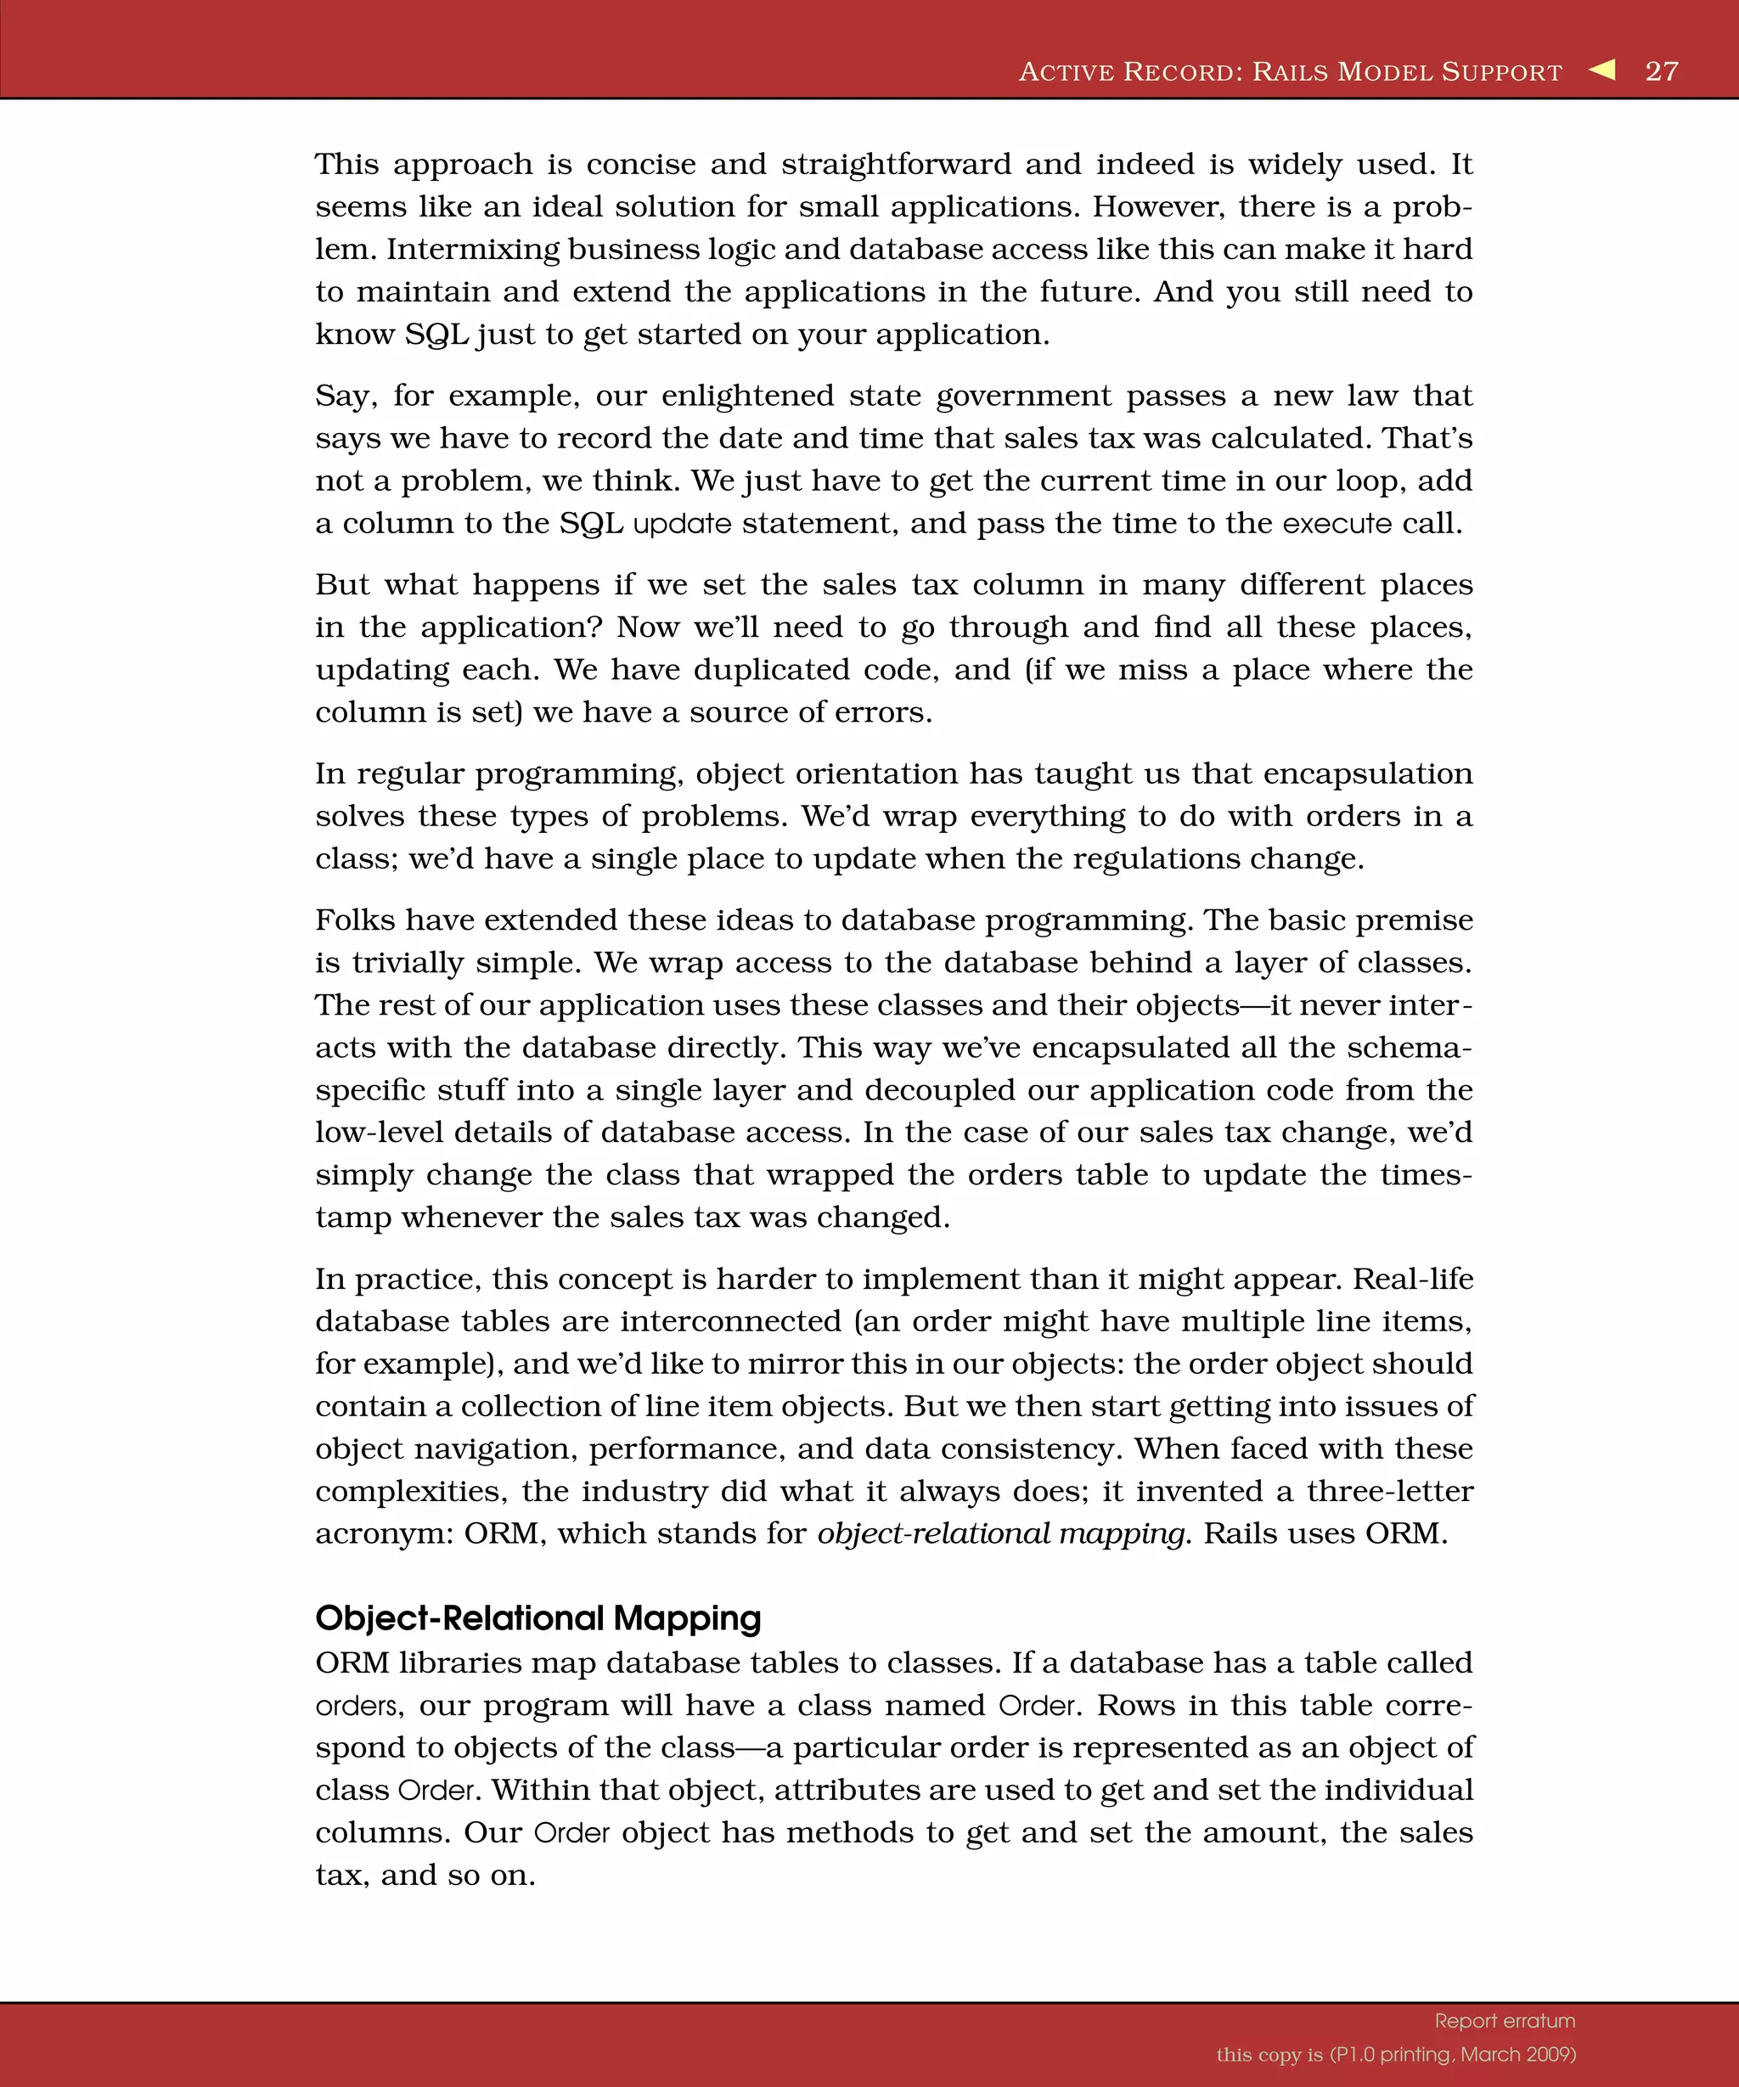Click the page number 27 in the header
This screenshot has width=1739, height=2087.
tap(1662, 70)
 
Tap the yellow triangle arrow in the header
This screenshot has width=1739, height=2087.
tap(1602, 70)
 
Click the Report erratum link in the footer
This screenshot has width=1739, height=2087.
tap(1505, 2021)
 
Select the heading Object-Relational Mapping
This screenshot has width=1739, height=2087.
tap(537, 1618)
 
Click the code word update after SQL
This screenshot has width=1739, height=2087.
tap(682, 523)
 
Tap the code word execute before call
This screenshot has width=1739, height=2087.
tap(1337, 523)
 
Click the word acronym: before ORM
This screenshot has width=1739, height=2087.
tap(384, 1533)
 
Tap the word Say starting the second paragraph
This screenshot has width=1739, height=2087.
tap(346, 396)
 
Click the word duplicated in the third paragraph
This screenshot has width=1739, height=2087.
tap(771, 669)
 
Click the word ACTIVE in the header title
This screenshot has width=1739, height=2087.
tap(1066, 71)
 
